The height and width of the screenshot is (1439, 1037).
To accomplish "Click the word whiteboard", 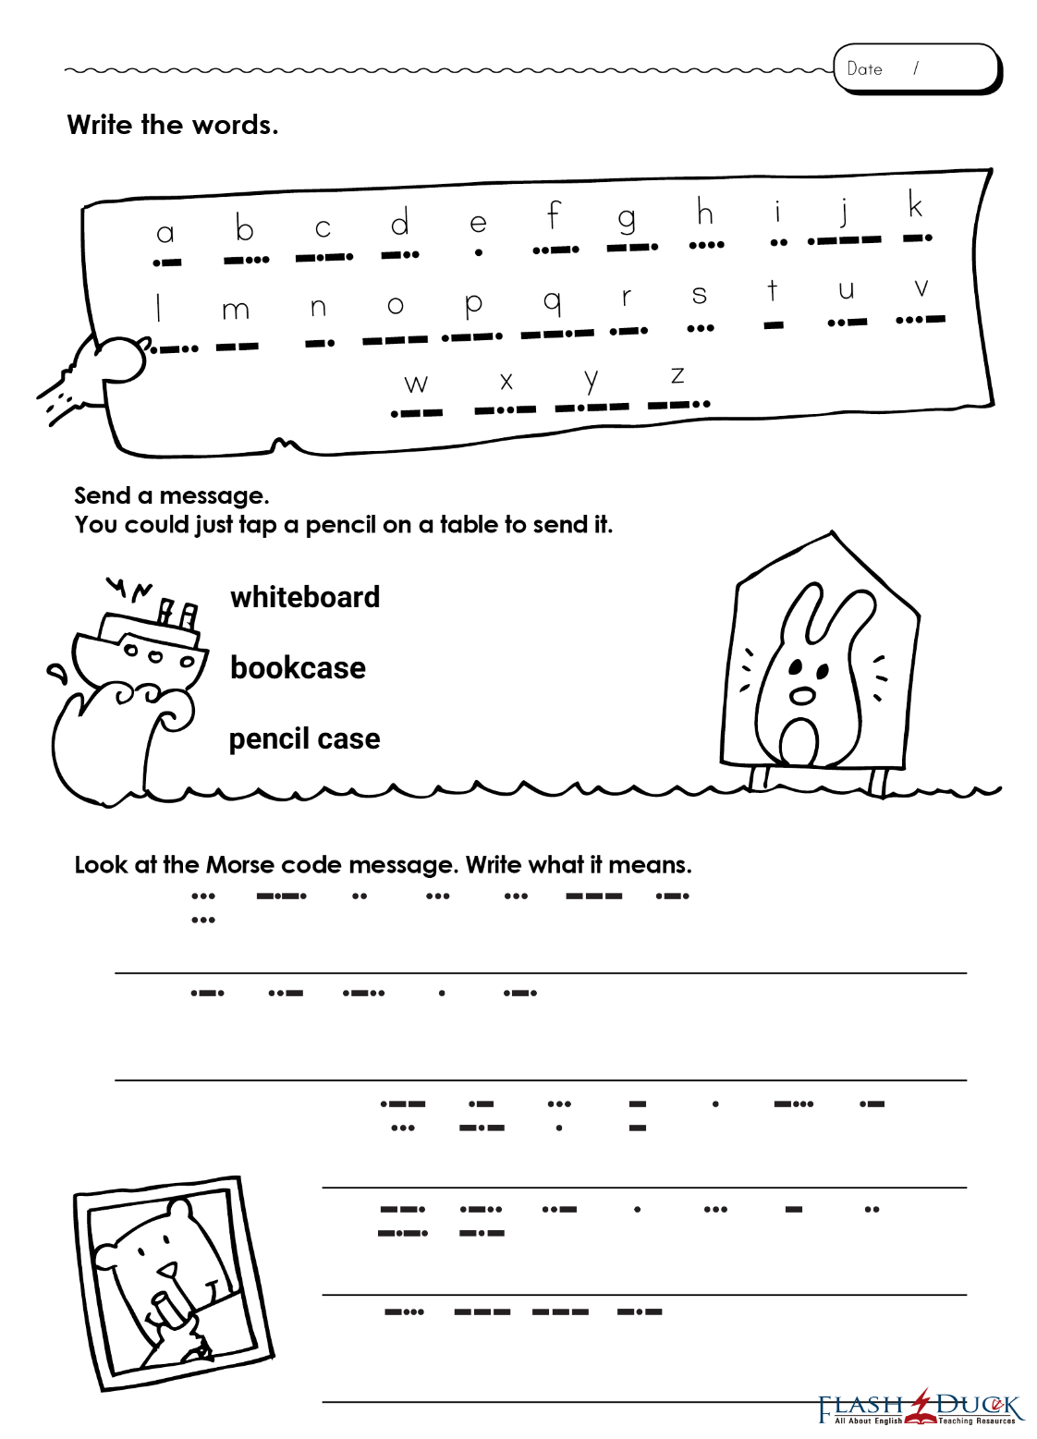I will [x=305, y=597].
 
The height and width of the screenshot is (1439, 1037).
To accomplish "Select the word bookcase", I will [x=298, y=667].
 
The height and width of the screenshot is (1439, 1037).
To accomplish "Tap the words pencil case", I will [x=304, y=738].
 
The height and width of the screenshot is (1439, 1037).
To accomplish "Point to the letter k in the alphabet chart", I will [x=915, y=205].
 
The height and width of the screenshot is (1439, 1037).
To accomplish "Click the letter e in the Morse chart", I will [x=478, y=223].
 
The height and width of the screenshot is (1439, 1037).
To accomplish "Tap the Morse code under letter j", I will [x=844, y=240].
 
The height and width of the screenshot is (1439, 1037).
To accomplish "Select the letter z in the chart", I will [x=677, y=375].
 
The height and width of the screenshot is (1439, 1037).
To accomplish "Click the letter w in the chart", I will [x=416, y=383].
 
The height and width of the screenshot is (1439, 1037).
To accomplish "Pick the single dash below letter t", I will [x=774, y=325].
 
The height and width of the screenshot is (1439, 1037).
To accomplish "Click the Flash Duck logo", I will [x=920, y=1409].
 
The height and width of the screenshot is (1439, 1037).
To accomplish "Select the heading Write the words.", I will [x=173, y=125].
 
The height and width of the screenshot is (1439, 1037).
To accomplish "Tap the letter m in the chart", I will [x=236, y=311].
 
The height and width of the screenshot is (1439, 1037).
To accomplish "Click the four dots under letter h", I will [x=706, y=245].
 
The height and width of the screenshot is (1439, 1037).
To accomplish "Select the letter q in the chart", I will [x=552, y=300].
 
